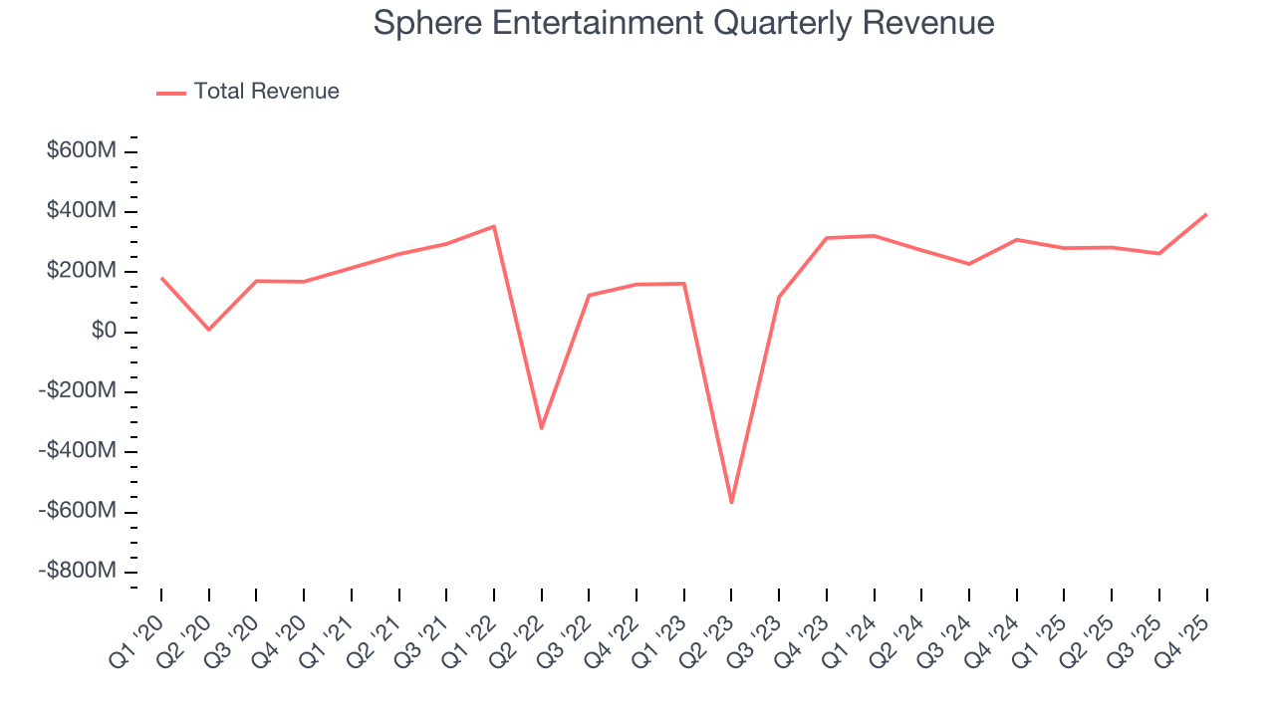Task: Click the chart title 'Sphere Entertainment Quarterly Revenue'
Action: click(x=683, y=23)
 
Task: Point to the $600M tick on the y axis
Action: click(x=82, y=151)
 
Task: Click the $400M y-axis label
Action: click(x=82, y=211)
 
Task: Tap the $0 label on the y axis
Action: click(x=104, y=331)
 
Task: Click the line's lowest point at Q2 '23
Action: click(x=731, y=502)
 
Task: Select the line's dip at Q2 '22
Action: click(x=541, y=428)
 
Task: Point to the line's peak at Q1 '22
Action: click(x=494, y=227)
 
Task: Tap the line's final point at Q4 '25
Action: click(x=1206, y=214)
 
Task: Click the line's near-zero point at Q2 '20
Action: click(x=209, y=329)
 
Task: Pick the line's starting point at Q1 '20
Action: click(x=161, y=278)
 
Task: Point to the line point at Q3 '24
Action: click(x=969, y=264)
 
